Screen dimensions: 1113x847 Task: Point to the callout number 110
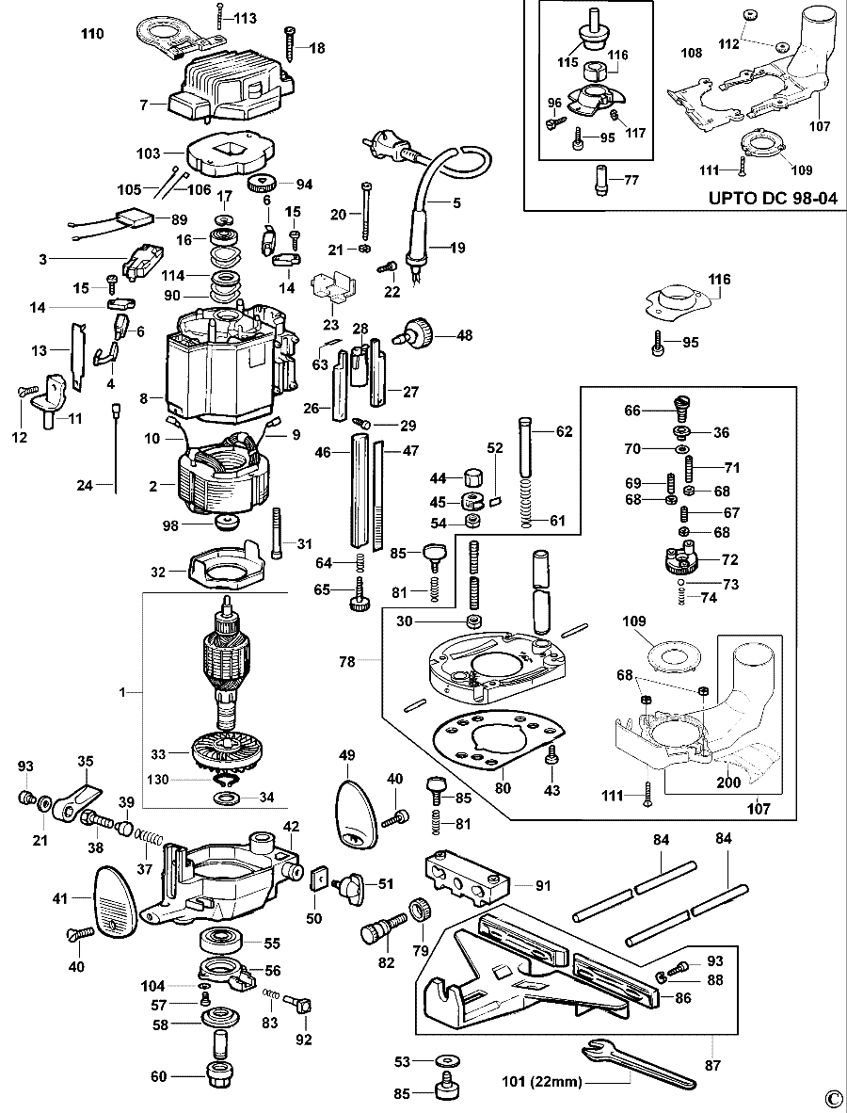pyautogui.click(x=92, y=34)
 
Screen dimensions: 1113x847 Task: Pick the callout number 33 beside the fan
pyautogui.click(x=157, y=753)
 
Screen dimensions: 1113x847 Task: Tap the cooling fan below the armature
pyautogui.click(x=230, y=754)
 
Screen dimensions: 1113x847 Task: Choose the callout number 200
pyautogui.click(x=727, y=782)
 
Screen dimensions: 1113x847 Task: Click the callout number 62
pyautogui.click(x=564, y=431)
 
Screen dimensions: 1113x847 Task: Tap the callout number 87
pyautogui.click(x=712, y=1065)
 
